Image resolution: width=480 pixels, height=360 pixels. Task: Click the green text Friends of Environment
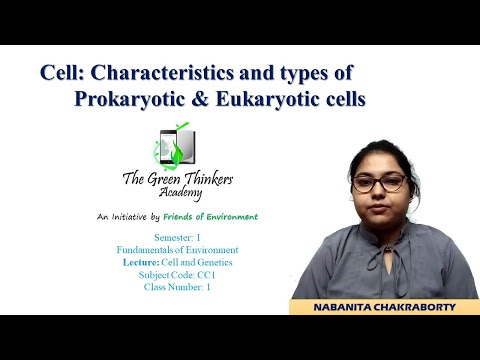point(216,216)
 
